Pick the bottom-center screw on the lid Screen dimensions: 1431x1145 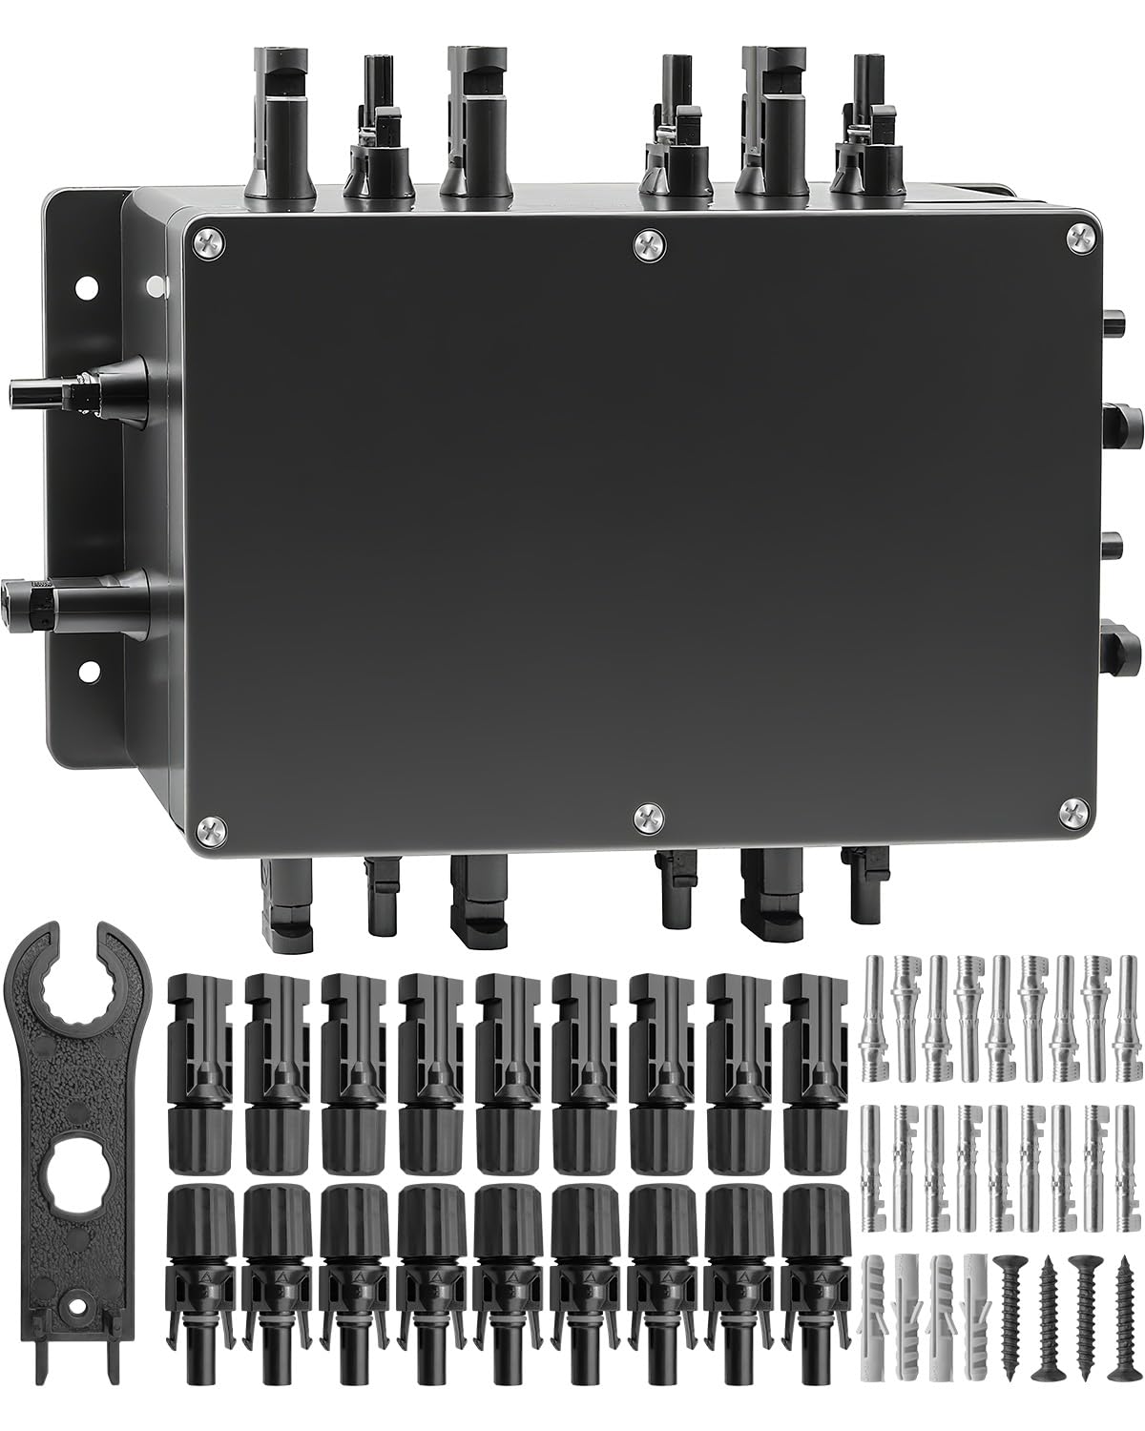648,817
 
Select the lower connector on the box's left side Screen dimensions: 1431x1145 76,600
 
